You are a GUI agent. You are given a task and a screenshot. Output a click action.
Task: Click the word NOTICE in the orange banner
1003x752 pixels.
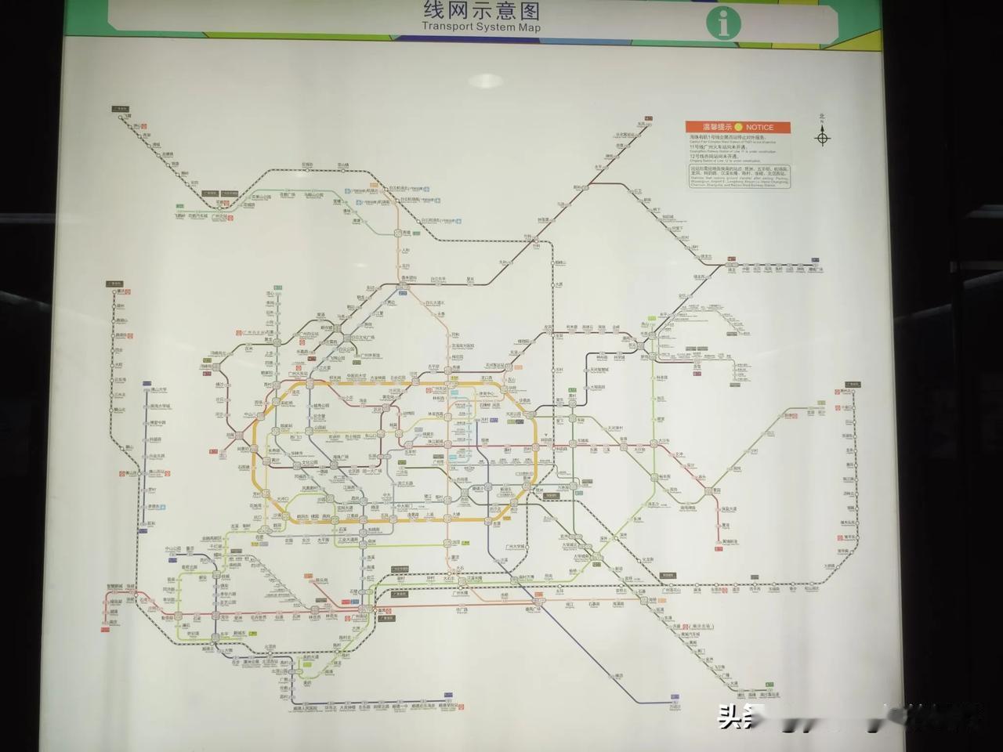click(x=759, y=127)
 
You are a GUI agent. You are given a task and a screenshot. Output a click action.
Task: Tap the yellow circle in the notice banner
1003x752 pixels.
click(x=737, y=127)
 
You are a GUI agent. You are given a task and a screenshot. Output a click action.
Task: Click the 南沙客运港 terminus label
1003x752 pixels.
click(x=772, y=694)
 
